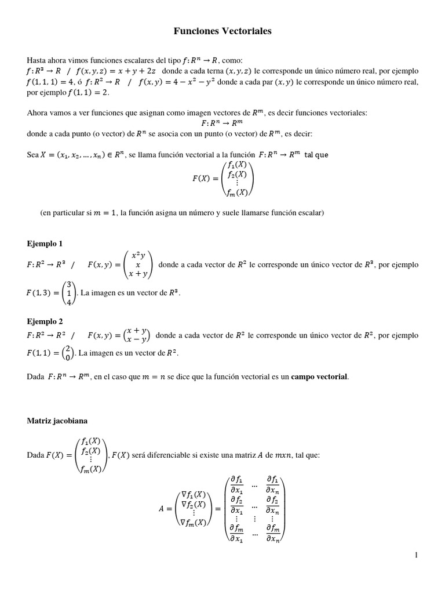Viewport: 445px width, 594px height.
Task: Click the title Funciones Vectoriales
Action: click(222, 32)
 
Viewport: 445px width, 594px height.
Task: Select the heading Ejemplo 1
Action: click(45, 243)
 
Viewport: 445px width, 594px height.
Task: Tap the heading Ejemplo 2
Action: click(45, 321)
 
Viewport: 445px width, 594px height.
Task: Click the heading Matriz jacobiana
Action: click(57, 420)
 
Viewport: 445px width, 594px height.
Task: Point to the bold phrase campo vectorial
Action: click(319, 376)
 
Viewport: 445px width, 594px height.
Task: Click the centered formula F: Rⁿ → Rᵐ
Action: click(222, 123)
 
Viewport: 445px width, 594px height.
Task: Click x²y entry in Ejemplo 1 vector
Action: click(138, 255)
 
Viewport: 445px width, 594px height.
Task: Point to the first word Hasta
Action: click(36, 60)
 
